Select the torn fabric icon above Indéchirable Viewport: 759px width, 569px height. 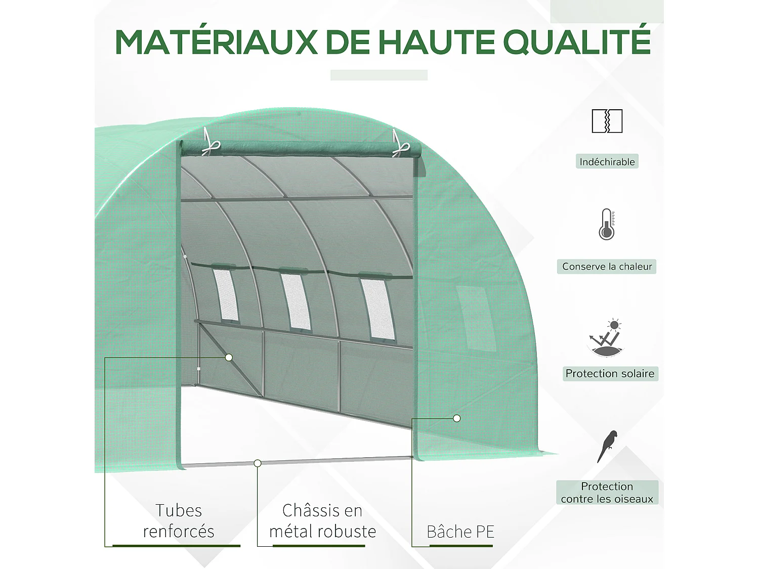point(607,121)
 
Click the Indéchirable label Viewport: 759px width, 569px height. point(607,162)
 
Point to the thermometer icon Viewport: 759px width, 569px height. point(607,225)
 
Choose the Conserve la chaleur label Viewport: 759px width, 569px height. point(607,267)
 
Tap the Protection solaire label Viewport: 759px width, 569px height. point(610,374)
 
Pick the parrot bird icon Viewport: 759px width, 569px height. point(608,446)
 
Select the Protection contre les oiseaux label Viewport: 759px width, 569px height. point(607,493)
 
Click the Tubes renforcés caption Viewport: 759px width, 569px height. point(179,521)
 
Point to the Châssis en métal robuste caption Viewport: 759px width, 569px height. point(322,521)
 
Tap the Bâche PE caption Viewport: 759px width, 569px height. point(460,532)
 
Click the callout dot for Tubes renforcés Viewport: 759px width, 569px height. point(229,358)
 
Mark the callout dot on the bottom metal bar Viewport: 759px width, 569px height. point(258,463)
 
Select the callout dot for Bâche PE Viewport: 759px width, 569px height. point(457,418)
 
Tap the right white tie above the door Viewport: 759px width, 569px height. point(400,145)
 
